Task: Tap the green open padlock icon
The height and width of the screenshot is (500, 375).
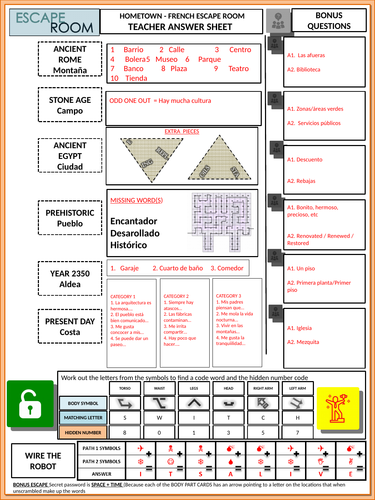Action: (28, 405)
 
